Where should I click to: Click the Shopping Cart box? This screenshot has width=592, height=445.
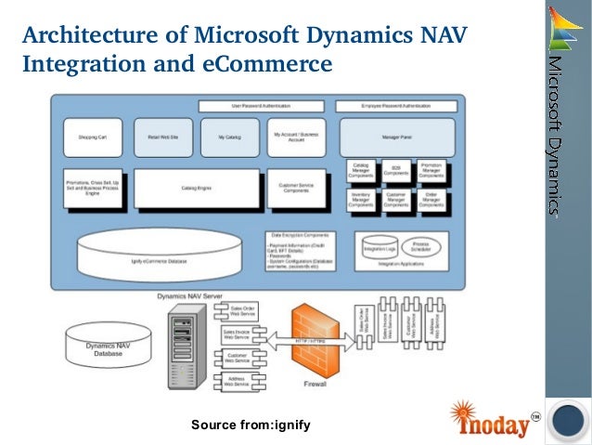pos(92,137)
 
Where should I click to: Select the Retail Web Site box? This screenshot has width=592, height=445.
pos(162,137)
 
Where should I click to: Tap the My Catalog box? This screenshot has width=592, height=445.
pos(229,137)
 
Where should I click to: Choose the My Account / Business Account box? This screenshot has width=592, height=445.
pos(296,137)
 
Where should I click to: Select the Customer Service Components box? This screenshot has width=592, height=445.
pos(296,188)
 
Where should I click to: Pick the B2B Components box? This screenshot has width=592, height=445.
pos(395,170)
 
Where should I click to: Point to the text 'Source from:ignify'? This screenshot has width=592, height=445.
pos(250,425)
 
